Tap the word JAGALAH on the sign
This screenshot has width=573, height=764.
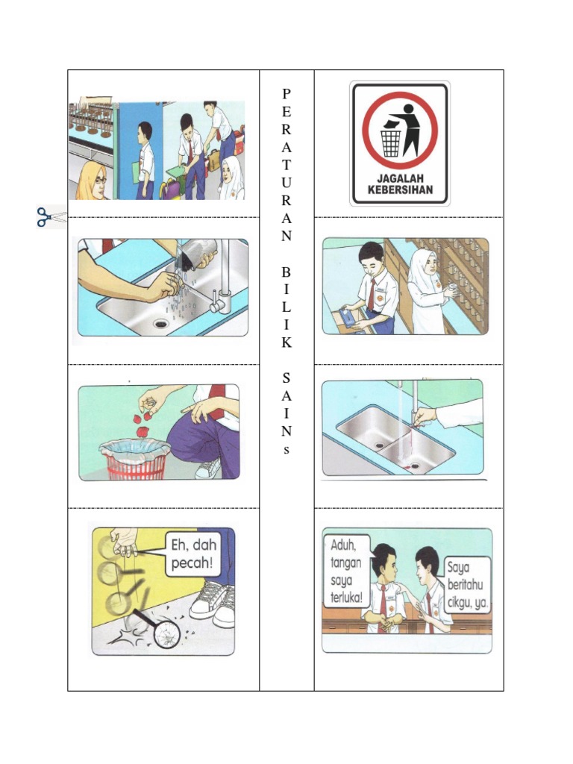[x=400, y=179]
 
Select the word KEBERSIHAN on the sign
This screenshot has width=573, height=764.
[x=400, y=190]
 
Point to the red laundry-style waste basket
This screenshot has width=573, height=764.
[x=136, y=460]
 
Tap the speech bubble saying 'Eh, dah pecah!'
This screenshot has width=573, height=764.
[x=192, y=554]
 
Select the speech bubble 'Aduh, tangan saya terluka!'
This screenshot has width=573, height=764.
[x=347, y=571]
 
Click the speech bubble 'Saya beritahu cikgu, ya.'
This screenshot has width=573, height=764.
[x=466, y=584]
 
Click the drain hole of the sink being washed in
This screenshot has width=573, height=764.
[x=160, y=323]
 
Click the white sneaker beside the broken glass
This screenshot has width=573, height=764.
[x=213, y=602]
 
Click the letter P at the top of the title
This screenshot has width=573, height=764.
[x=286, y=93]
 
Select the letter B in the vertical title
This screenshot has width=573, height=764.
[x=286, y=272]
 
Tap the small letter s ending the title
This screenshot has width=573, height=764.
[x=286, y=449]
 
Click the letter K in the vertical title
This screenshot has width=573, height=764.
[x=286, y=342]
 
